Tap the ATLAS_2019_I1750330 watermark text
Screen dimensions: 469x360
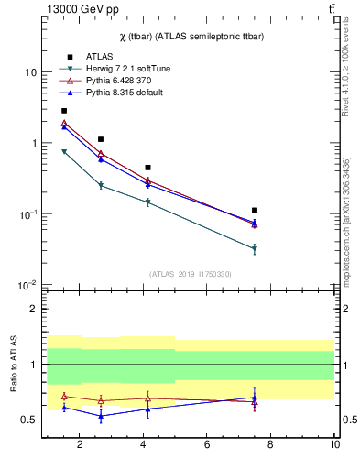click(191, 274)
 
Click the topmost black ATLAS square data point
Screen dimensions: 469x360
click(64, 111)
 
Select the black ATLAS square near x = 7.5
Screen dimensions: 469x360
click(255, 210)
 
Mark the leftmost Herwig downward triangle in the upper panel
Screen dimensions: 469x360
click(64, 152)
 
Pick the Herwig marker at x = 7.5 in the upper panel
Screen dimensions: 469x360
click(255, 249)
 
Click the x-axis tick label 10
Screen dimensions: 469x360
click(334, 445)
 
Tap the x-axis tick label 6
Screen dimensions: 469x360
click(207, 445)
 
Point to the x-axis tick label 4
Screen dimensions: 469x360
click(143, 445)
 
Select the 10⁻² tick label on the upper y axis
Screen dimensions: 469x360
click(27, 285)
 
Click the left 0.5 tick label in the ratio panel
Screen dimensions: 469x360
click(29, 420)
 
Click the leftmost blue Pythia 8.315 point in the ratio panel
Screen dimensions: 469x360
click(64, 407)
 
